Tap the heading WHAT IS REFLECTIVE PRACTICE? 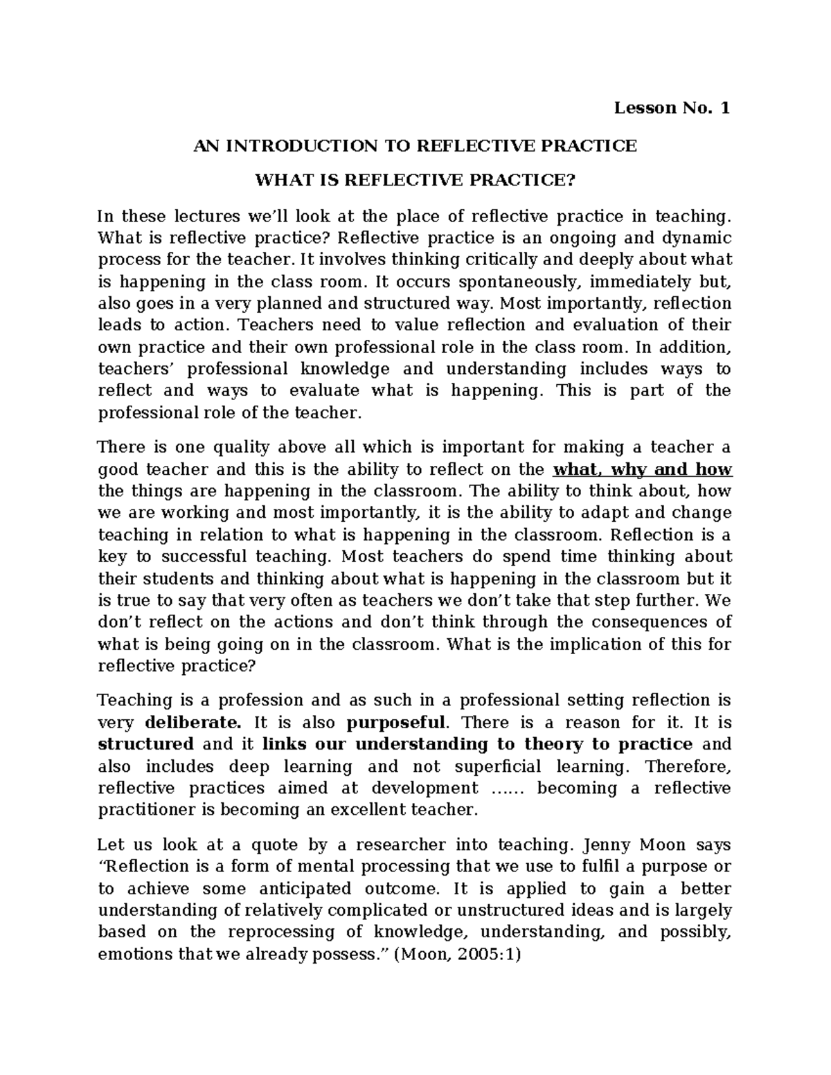[415, 181]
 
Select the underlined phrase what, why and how [642, 469]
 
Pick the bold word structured [146, 744]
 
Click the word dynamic [697, 238]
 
